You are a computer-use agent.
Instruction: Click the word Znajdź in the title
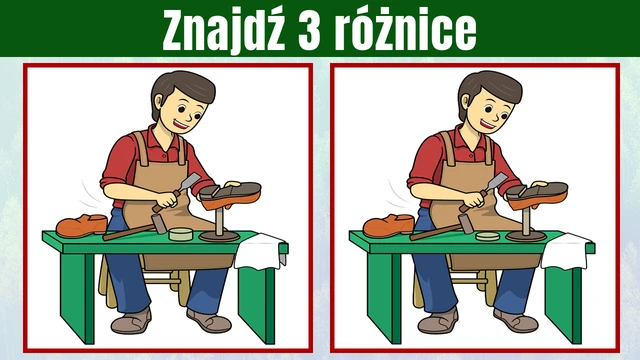point(223,30)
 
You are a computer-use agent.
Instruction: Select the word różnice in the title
point(405,30)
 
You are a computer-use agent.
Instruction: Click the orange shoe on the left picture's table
point(82,225)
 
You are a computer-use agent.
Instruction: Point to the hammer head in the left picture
point(159,224)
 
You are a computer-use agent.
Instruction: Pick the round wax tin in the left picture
point(181,234)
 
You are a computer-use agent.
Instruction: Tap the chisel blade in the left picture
point(191,180)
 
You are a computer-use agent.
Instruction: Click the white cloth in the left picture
point(260,251)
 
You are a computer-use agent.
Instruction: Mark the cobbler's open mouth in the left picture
point(180,123)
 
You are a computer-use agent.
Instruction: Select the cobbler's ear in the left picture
point(158,101)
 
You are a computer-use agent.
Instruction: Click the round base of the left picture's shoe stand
point(219,236)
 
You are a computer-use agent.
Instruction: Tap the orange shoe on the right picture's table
point(389,226)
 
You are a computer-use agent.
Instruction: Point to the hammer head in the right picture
point(466,224)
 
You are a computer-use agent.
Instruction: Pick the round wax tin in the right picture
point(488,236)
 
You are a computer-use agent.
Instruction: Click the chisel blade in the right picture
point(498,180)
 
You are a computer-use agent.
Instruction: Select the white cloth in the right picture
point(567,251)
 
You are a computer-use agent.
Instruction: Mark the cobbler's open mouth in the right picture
point(487,123)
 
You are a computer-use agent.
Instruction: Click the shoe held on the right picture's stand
point(537,195)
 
